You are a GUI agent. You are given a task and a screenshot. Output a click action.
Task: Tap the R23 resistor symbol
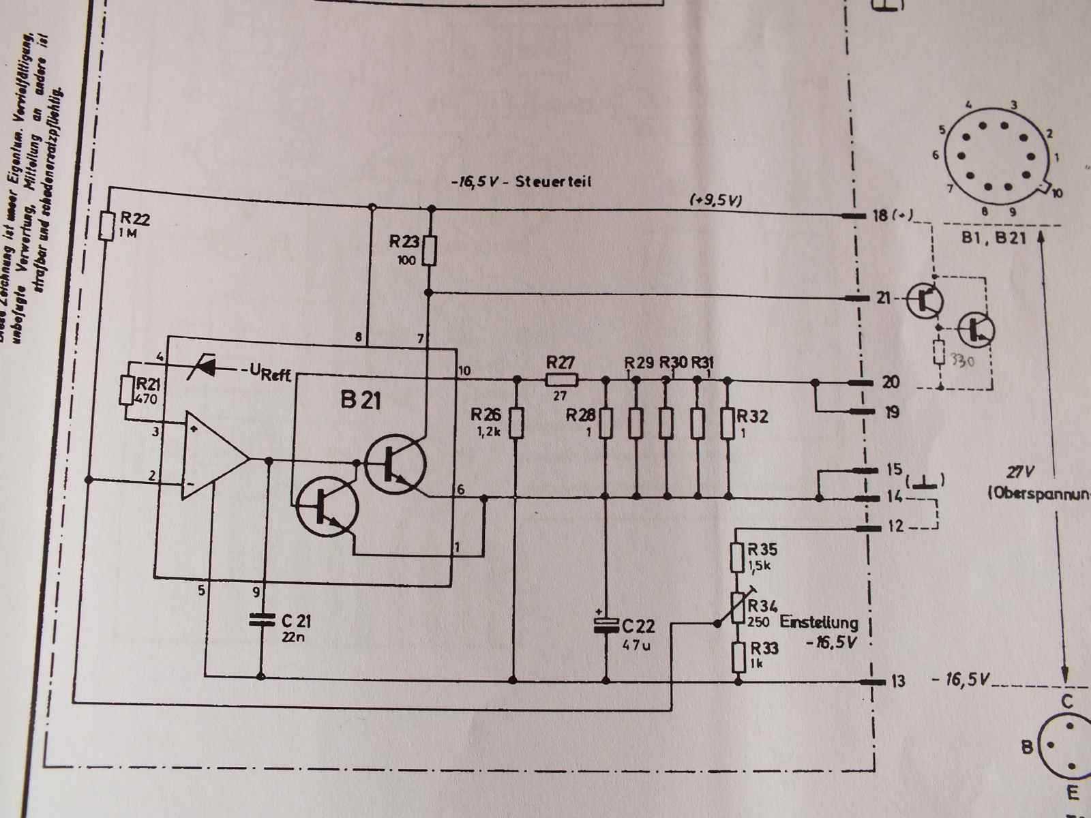(429, 250)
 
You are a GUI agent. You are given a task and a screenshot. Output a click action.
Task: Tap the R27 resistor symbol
(562, 380)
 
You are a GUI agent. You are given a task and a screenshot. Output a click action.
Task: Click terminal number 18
(880, 215)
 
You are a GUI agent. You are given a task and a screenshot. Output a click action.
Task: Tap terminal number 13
(897, 680)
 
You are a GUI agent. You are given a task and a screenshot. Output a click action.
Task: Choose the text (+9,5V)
(715, 200)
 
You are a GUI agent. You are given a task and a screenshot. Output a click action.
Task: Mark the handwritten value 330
(961, 362)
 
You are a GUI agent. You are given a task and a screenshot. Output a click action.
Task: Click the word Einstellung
(818, 622)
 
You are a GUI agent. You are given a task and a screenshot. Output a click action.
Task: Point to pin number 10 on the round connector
(1057, 194)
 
